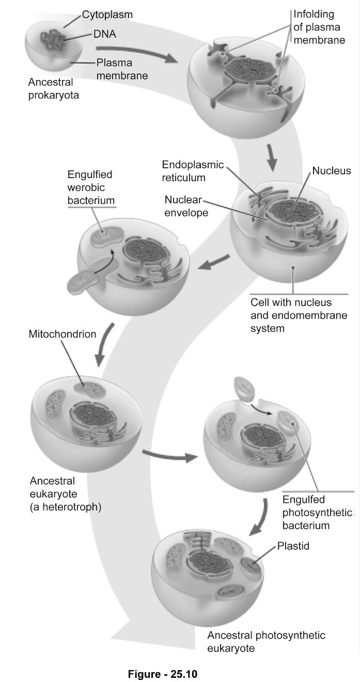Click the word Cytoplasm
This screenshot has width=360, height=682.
click(107, 15)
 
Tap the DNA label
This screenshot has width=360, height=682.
click(105, 35)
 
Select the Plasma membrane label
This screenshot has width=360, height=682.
click(122, 69)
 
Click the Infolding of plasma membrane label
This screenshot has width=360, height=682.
click(319, 27)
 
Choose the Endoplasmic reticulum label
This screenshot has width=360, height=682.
click(192, 171)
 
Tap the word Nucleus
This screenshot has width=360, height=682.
click(331, 171)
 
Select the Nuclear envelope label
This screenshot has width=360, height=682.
click(186, 205)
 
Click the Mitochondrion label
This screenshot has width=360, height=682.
click(62, 334)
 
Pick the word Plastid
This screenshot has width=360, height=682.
click(293, 545)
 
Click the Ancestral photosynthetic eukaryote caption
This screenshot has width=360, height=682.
click(266, 641)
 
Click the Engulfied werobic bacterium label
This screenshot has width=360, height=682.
click(90, 187)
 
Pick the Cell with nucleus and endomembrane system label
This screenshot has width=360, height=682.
click(298, 315)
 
